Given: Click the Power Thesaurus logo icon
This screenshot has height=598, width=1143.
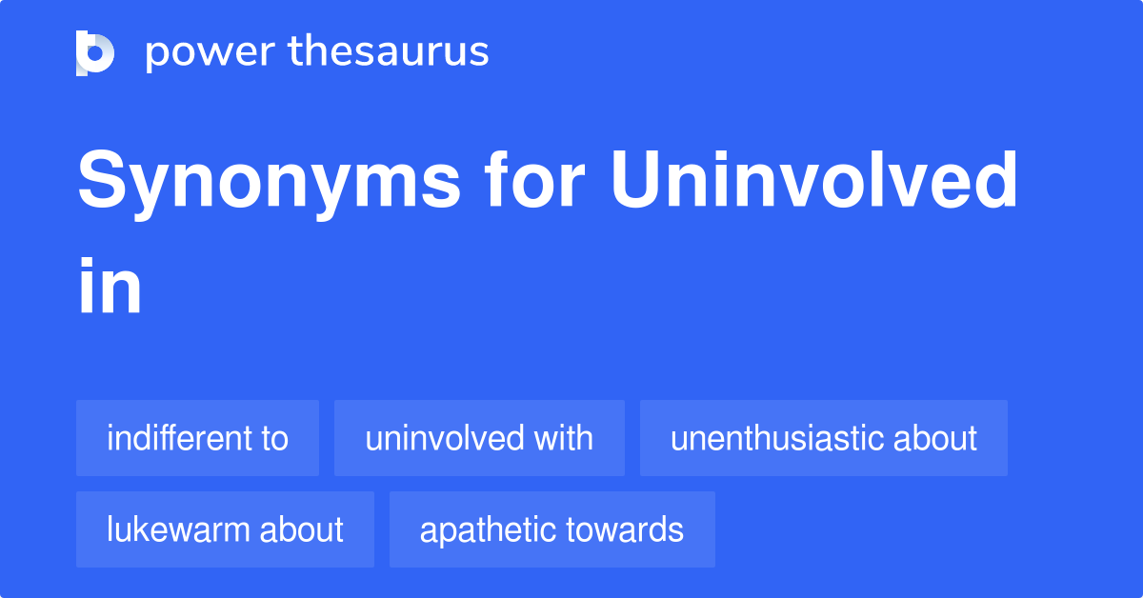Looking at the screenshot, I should [95, 52].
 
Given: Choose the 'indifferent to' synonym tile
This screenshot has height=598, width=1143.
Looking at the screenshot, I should [197, 438].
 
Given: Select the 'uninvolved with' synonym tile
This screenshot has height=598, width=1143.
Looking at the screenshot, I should [479, 438].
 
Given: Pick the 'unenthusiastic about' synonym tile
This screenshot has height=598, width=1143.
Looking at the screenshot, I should [823, 438].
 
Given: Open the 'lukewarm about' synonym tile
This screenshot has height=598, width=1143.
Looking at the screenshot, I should [225, 529].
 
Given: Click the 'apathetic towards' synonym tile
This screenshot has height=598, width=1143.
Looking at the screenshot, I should [551, 529].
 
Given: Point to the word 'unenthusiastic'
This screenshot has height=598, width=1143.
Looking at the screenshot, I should [774, 438].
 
